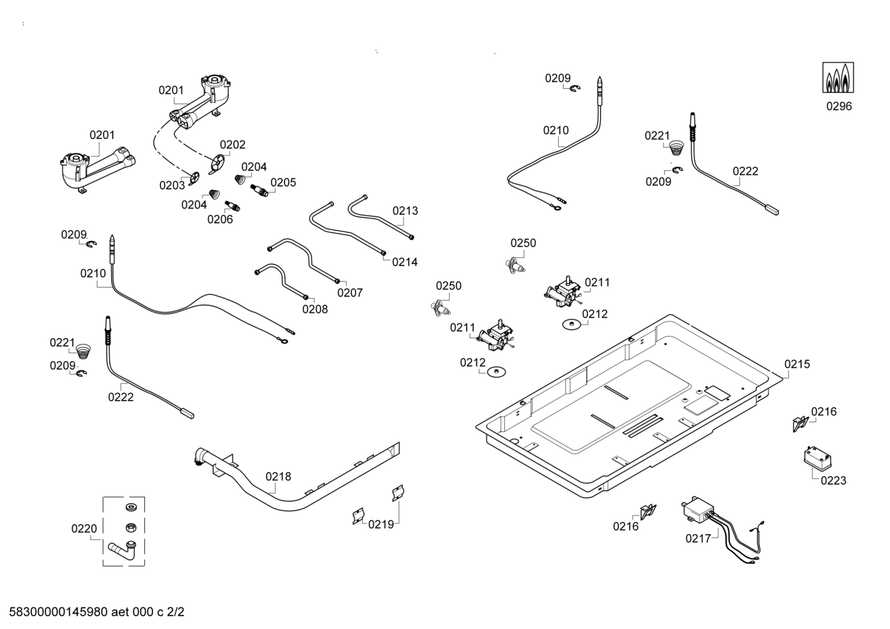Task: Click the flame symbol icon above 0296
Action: [839, 77]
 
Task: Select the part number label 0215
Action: [797, 364]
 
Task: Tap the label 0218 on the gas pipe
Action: [278, 477]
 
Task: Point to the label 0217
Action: [698, 538]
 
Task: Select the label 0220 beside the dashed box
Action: [84, 528]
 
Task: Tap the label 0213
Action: [405, 210]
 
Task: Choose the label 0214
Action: [405, 262]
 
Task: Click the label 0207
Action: [350, 293]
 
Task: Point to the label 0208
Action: [315, 309]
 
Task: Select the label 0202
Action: [233, 144]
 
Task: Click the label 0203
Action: [172, 185]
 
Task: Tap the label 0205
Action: [283, 182]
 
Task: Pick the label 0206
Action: [220, 219]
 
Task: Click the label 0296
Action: [839, 106]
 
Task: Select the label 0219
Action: [381, 525]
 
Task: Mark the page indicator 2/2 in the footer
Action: [175, 612]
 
